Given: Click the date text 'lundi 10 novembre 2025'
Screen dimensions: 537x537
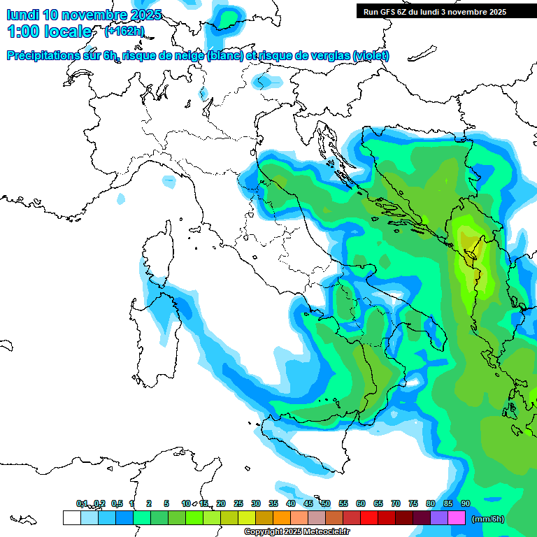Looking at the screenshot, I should point(84,15).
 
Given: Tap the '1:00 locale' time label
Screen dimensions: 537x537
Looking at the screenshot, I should point(49,31).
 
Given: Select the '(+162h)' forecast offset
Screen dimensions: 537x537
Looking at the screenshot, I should point(124,31).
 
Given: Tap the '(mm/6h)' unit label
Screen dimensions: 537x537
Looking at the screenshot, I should point(487,519).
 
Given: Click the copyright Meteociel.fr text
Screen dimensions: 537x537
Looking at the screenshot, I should point(296,532).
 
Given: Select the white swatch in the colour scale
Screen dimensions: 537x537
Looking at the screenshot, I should point(71,517).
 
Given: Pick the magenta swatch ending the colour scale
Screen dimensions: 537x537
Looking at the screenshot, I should point(457,517).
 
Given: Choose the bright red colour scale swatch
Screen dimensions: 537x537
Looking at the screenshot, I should point(369,517).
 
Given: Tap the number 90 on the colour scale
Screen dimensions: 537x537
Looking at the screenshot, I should point(465,503).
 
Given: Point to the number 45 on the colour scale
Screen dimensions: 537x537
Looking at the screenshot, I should point(308,503).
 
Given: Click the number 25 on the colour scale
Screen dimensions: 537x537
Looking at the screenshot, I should point(238,503).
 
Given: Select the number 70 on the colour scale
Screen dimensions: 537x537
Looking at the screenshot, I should point(396,503).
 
